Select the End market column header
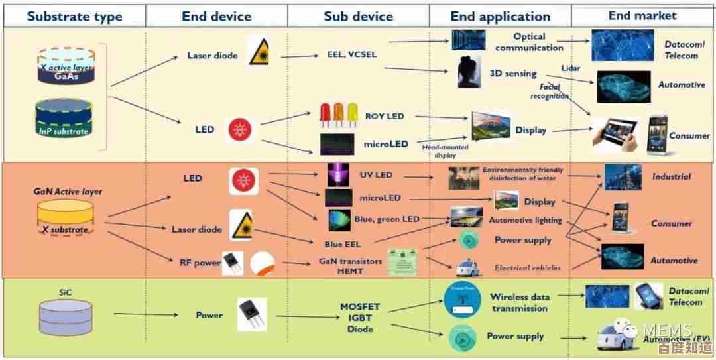(642, 15)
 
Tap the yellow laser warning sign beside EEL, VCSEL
(259, 52)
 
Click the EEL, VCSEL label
(352, 54)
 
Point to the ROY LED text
(384, 116)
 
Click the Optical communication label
(529, 42)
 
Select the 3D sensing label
(512, 74)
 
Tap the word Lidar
(571, 68)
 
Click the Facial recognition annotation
(549, 91)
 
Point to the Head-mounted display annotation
(446, 151)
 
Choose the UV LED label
(376, 175)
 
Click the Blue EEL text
(343, 245)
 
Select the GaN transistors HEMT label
(350, 266)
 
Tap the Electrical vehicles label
(527, 268)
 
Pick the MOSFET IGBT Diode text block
(360, 318)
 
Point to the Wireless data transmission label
(520, 302)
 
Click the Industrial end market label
(671, 177)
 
